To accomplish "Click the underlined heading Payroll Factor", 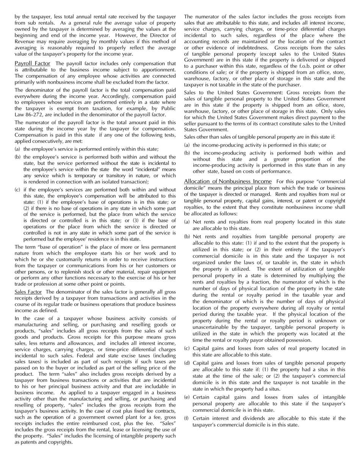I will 32,63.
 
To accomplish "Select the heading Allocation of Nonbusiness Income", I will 228,181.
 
